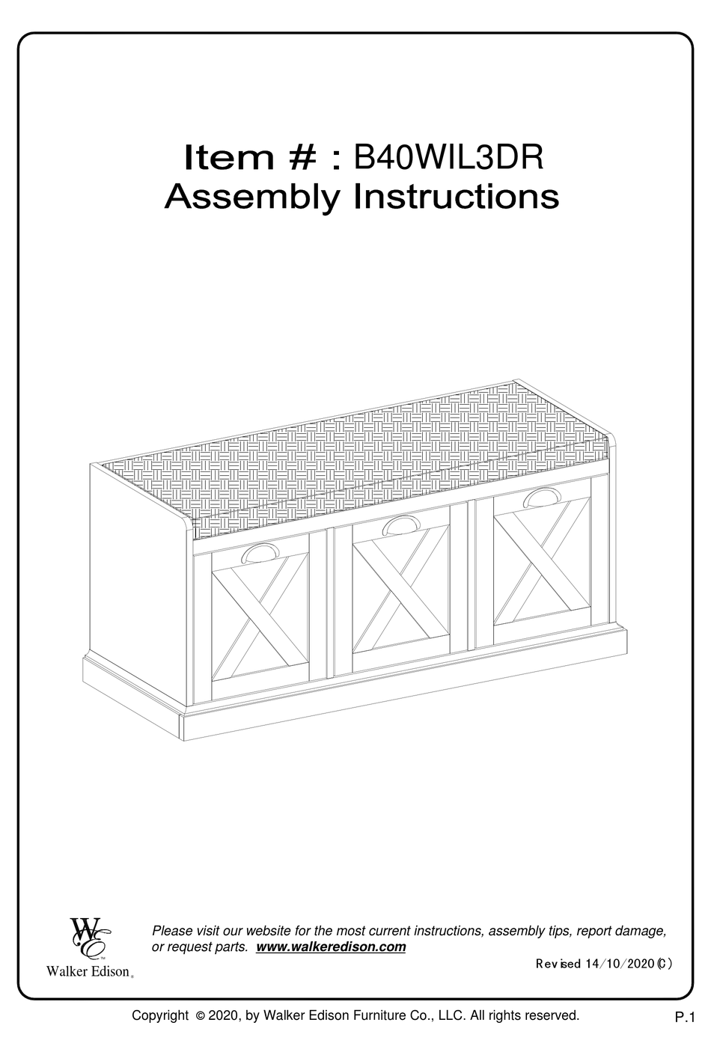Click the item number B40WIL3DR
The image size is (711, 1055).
tap(448, 157)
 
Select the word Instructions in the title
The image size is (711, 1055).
tap(456, 197)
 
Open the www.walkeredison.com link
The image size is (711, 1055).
tap(331, 947)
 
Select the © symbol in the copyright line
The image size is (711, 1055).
tap(200, 1016)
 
